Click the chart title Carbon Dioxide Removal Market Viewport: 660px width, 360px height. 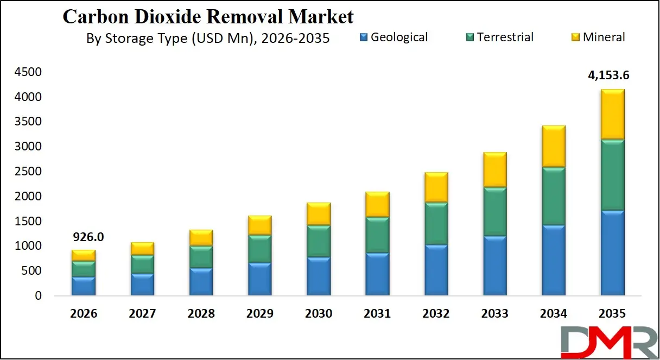tap(208, 16)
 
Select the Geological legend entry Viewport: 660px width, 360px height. tap(394, 37)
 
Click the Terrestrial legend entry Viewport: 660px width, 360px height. tap(499, 37)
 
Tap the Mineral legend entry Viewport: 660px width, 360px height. tap(598, 37)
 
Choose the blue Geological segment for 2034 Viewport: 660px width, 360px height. tap(553, 260)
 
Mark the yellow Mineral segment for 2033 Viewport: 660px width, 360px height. tap(494, 169)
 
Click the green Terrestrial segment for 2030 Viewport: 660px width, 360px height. tap(319, 241)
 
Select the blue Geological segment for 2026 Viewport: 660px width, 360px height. tap(84, 286)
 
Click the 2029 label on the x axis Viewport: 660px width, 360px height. tap(260, 314)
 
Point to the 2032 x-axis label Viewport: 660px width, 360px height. tap(436, 314)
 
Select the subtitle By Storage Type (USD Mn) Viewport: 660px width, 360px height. tap(208, 39)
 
